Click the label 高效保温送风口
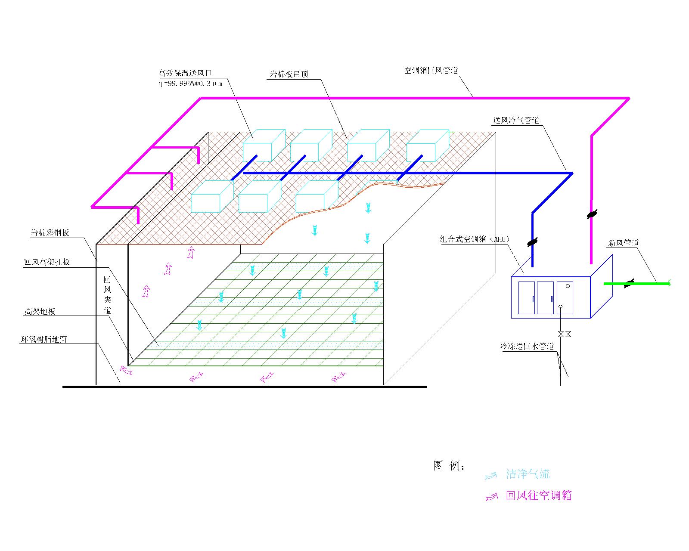point(185,74)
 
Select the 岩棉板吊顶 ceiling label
point(289,74)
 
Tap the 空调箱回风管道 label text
point(431,70)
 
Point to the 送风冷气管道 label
point(516,121)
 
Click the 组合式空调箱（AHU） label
point(475,239)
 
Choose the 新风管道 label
point(623,243)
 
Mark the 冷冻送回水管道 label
point(527,346)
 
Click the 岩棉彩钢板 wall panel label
point(50,233)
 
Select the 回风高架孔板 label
point(47,262)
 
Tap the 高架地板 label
point(39,312)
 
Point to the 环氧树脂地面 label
point(44,339)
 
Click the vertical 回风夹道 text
point(107,295)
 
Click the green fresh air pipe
point(646,283)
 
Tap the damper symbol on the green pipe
point(630,283)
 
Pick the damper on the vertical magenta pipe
point(592,214)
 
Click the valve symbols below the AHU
point(564,334)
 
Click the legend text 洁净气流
point(528,474)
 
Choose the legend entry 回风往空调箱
point(539,495)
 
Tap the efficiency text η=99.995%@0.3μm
point(190,84)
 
